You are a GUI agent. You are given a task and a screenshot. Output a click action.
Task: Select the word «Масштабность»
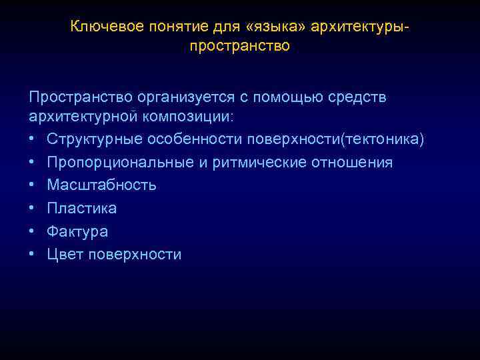point(102,185)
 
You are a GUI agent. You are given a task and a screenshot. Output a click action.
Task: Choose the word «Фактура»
point(77,231)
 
